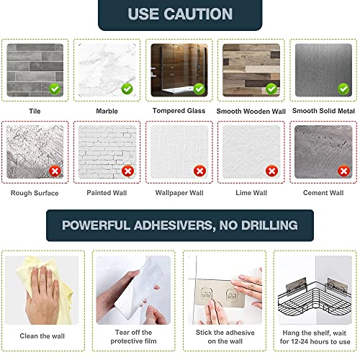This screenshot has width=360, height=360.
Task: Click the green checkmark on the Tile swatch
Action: coord(55,89)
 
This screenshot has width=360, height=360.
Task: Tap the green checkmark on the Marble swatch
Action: coord(127,89)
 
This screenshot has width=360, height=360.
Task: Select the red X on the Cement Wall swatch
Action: coord(343,171)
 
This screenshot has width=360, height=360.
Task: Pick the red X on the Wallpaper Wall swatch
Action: coord(199,171)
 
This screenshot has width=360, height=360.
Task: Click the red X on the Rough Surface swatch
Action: coord(55,171)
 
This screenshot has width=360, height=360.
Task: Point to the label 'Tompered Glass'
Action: coord(179,111)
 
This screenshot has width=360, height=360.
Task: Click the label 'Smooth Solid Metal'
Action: coord(323,111)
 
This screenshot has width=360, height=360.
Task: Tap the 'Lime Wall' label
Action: coord(251,193)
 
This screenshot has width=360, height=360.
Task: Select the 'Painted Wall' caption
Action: coord(107,193)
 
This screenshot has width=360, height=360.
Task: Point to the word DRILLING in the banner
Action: coord(269,225)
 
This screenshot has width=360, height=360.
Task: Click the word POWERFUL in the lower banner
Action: coord(96,225)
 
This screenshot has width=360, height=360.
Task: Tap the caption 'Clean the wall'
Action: coord(42,336)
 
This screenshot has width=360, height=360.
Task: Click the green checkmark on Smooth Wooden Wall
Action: coord(271,89)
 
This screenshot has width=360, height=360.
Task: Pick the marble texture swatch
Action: coord(107,70)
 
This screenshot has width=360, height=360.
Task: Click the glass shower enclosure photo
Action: coord(179,70)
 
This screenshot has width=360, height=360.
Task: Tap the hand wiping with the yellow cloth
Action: coord(43,294)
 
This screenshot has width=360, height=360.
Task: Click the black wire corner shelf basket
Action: coord(315,300)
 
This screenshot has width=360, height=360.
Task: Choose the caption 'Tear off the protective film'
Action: coord(133,337)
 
